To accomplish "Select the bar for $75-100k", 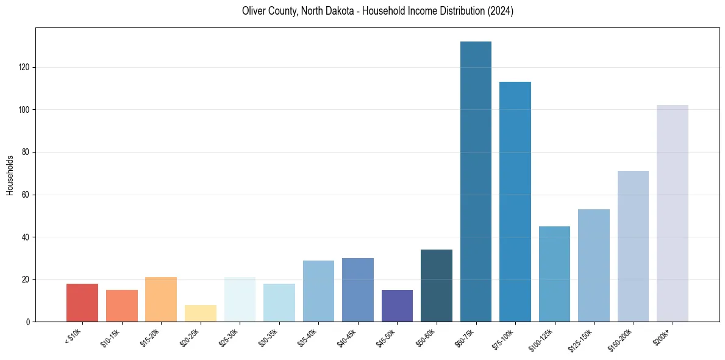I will [x=515, y=201].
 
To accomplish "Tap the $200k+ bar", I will [x=673, y=213].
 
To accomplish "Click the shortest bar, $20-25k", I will [x=201, y=313].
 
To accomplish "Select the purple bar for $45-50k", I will [x=397, y=306].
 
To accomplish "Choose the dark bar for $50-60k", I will [x=437, y=286].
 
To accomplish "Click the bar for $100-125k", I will [x=554, y=274].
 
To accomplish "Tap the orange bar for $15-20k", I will [x=161, y=299].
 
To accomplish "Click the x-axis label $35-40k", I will [x=308, y=337].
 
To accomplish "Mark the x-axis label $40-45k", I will [x=347, y=337].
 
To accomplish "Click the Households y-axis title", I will [x=10, y=175].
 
